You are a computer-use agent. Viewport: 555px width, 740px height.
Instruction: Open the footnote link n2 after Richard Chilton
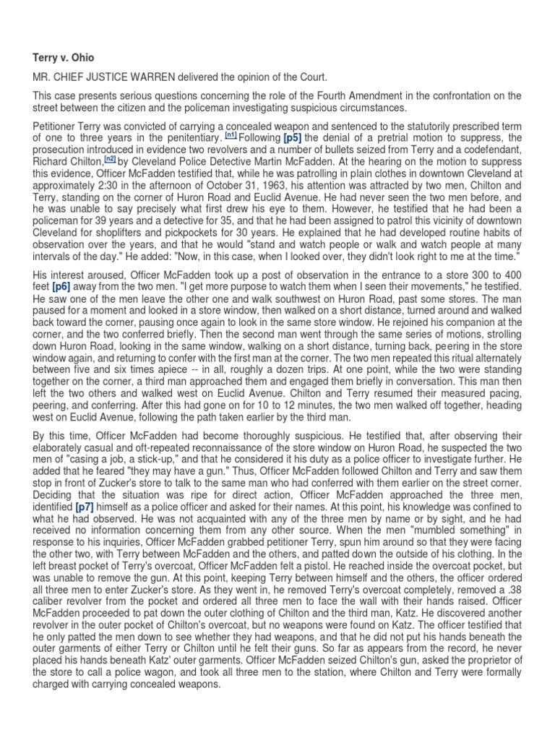coord(110,158)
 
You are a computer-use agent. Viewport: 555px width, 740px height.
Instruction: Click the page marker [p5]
coord(293,137)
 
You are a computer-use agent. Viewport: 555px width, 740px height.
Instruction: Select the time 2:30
coord(145,184)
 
